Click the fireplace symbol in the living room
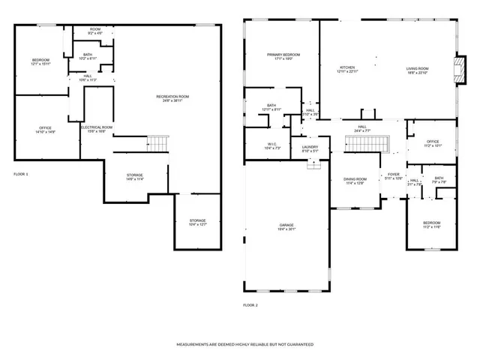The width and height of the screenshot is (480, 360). tap(455, 69)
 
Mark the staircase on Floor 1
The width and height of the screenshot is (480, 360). tap(157, 142)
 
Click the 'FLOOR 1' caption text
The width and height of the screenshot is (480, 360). tap(21, 174)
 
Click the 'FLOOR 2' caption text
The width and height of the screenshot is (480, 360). tap(250, 305)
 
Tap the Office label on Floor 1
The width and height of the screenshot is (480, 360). tap(45, 130)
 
